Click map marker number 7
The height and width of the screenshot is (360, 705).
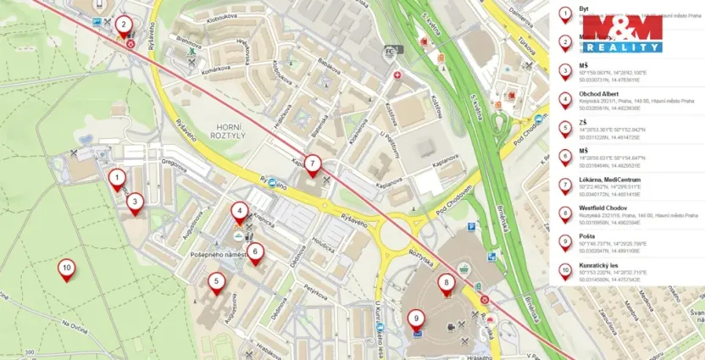tap(312, 163)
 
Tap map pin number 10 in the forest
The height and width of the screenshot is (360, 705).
tap(66, 269)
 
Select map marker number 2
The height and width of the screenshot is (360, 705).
tap(124, 25)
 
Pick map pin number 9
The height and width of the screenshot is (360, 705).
tap(415, 319)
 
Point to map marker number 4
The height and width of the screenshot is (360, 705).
tap(241, 212)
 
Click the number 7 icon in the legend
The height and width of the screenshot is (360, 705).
tap(565, 186)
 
